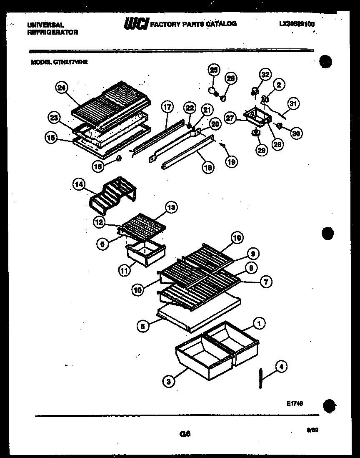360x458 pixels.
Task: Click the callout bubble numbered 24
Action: [62, 88]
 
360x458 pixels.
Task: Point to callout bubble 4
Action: [281, 367]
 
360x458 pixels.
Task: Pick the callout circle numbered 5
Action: [143, 327]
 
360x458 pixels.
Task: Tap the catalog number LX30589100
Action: [297, 24]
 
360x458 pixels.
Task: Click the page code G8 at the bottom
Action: [185, 434]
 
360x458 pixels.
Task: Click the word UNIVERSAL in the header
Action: [45, 25]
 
